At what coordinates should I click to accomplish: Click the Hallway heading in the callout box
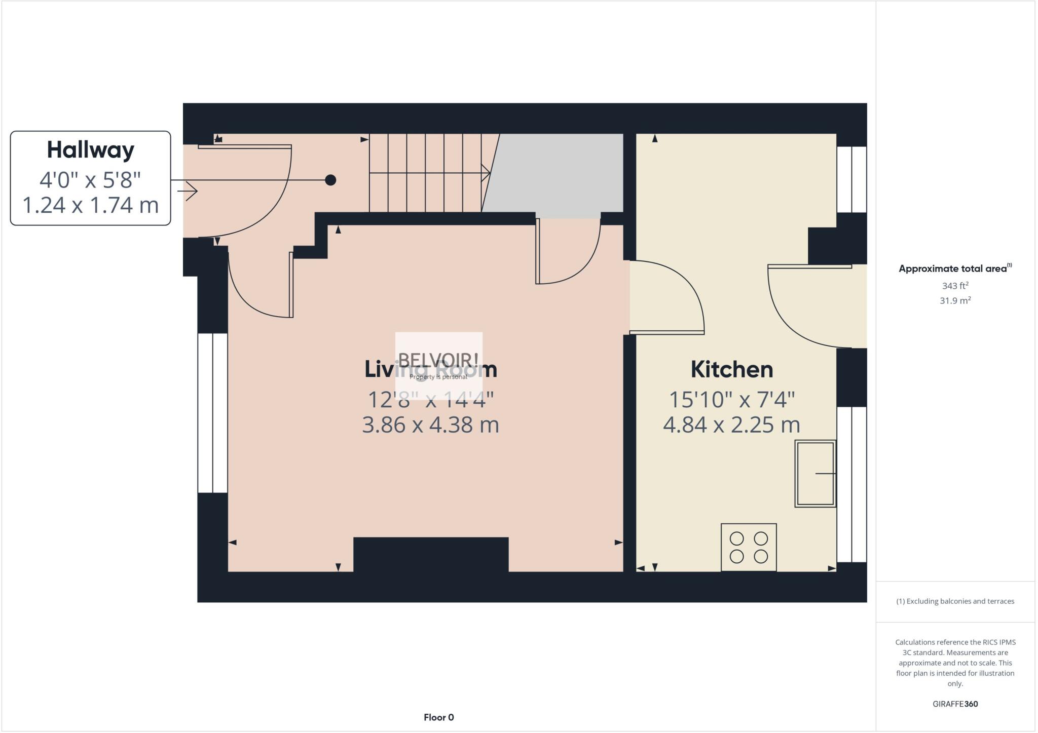(x=90, y=150)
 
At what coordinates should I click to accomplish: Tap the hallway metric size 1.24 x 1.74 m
(x=90, y=205)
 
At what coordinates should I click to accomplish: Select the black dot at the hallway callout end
(x=330, y=180)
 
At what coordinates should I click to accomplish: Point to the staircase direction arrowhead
(x=487, y=173)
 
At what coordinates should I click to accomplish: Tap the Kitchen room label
(x=731, y=369)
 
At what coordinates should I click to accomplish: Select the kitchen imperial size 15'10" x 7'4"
(x=731, y=400)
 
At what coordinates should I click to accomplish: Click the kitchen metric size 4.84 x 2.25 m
(x=731, y=425)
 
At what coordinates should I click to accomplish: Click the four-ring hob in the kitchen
(x=749, y=547)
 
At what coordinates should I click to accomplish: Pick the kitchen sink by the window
(x=815, y=473)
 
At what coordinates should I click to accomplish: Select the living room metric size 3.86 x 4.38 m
(x=430, y=425)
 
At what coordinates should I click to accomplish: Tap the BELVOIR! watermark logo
(x=438, y=361)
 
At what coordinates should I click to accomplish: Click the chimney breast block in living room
(x=431, y=554)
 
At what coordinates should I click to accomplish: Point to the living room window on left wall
(x=212, y=413)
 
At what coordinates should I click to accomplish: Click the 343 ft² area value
(x=955, y=286)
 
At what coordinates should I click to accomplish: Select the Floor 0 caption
(x=438, y=717)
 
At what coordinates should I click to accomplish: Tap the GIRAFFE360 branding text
(x=955, y=704)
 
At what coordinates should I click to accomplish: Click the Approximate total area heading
(x=953, y=269)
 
